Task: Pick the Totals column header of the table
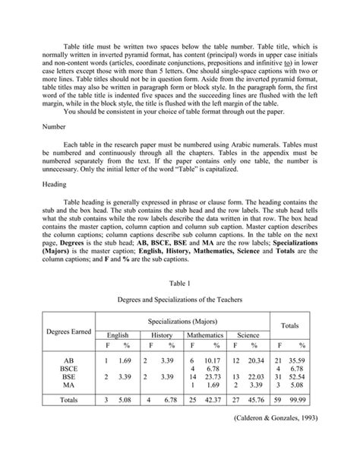click(x=289, y=327)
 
